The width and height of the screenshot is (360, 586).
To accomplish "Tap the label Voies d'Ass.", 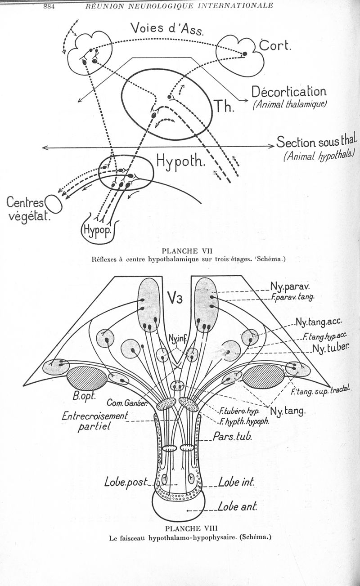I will (167, 29).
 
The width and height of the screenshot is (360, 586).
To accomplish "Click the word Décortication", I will (289, 92).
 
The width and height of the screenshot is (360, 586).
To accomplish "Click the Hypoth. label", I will (180, 161).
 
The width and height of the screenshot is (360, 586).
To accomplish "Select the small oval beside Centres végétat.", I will (54, 203).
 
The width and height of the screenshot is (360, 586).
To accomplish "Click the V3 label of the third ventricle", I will (175, 297).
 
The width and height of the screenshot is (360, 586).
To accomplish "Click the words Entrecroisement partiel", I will (95, 421).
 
